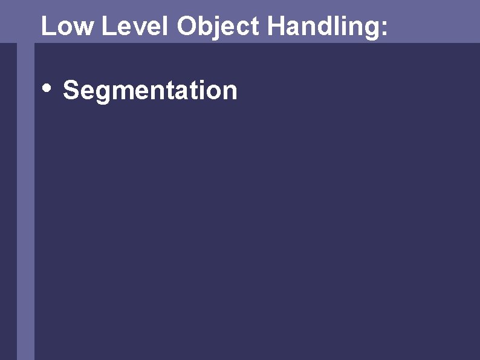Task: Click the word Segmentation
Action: (150, 91)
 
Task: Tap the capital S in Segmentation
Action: (71, 91)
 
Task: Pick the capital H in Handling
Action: (275, 26)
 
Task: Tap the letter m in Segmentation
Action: (120, 93)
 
